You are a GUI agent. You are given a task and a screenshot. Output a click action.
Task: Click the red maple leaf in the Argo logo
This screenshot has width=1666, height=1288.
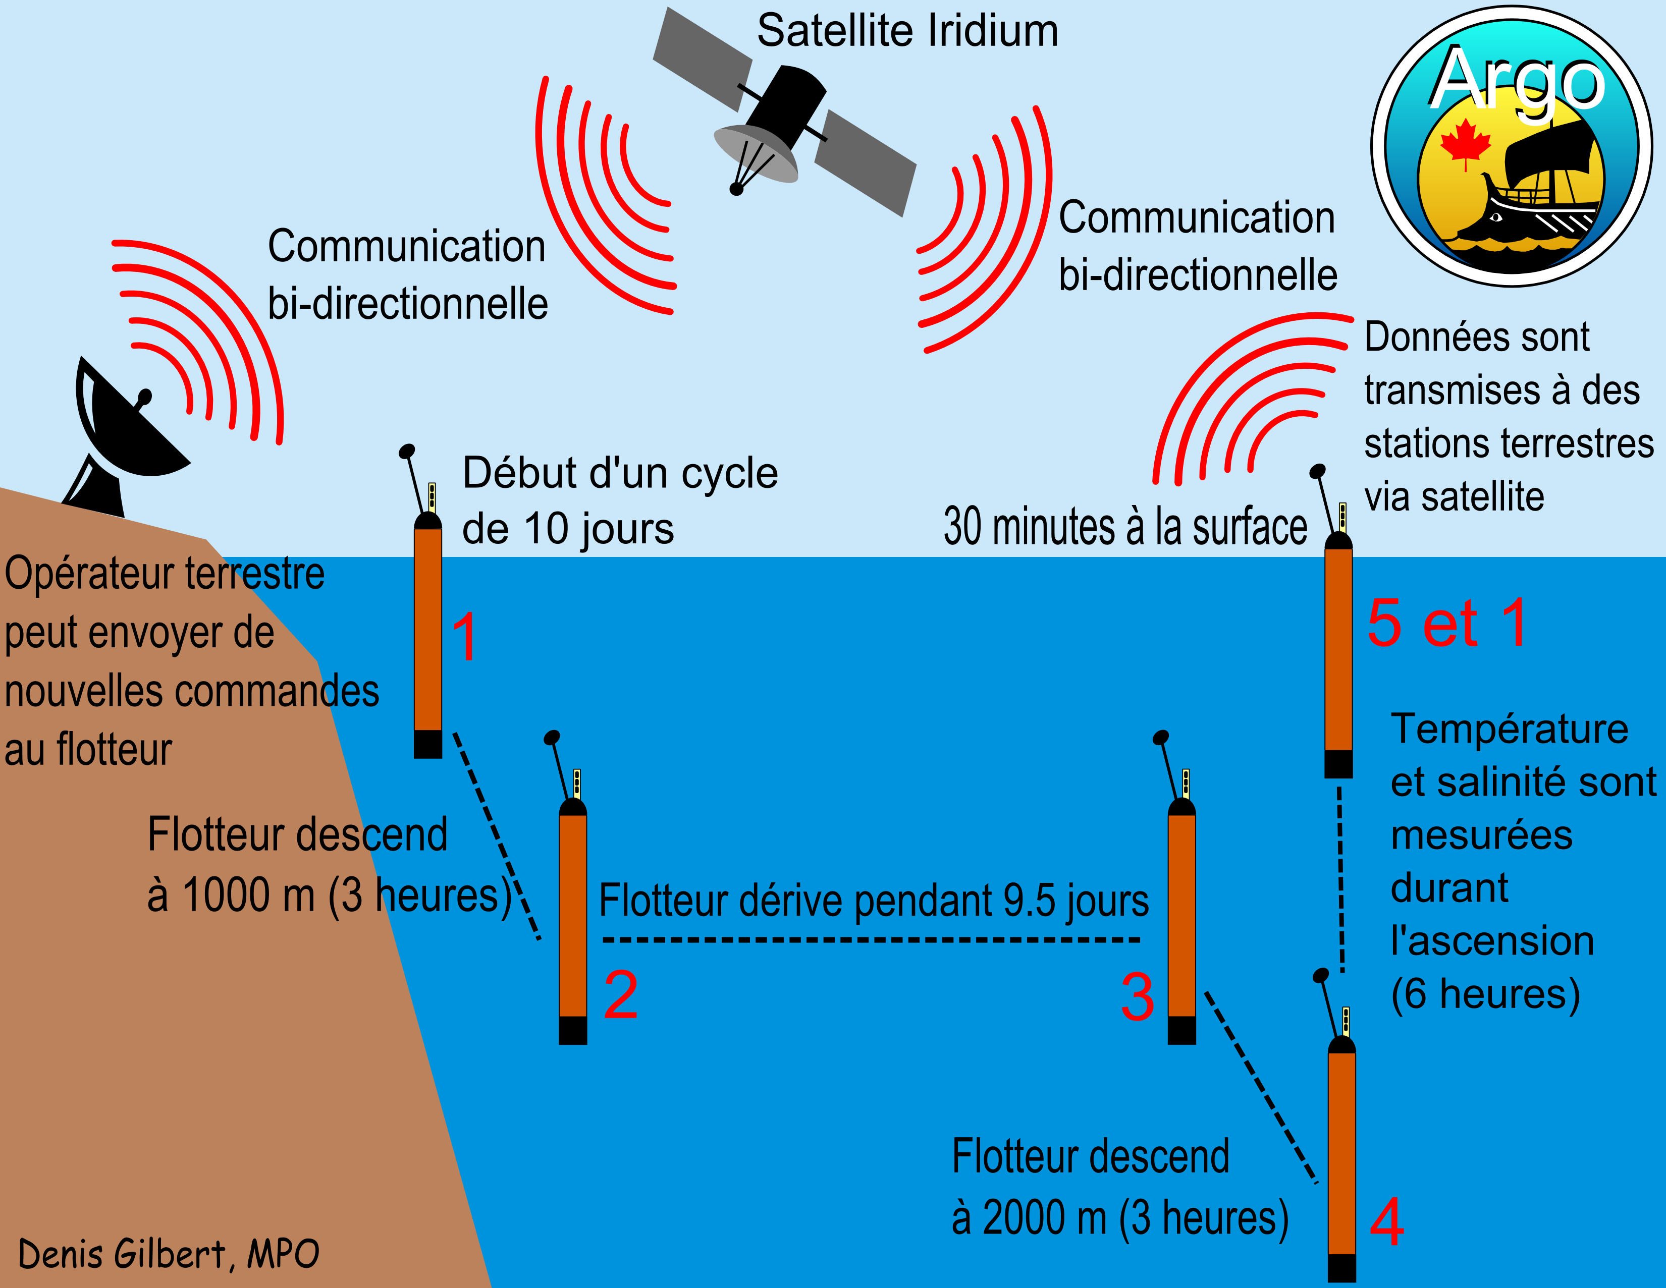[x=1465, y=143]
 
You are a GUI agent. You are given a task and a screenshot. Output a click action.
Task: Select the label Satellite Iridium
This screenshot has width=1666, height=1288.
[x=907, y=31]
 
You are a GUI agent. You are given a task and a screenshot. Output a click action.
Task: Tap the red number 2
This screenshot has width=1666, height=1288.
[x=620, y=995]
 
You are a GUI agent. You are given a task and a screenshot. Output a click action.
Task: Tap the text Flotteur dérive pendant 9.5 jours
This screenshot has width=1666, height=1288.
[x=874, y=901]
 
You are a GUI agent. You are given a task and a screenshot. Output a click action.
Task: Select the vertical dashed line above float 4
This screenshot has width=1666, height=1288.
[x=1341, y=877]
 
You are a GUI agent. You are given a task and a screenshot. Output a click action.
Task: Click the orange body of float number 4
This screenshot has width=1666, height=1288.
[x=1342, y=1151]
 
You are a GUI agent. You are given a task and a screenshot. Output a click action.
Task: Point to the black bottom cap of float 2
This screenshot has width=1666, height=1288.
[x=573, y=1030]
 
